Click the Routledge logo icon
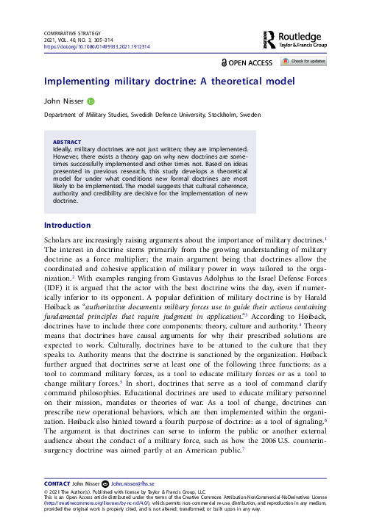272,38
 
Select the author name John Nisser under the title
63,101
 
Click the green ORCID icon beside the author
91,101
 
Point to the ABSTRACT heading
68,140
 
